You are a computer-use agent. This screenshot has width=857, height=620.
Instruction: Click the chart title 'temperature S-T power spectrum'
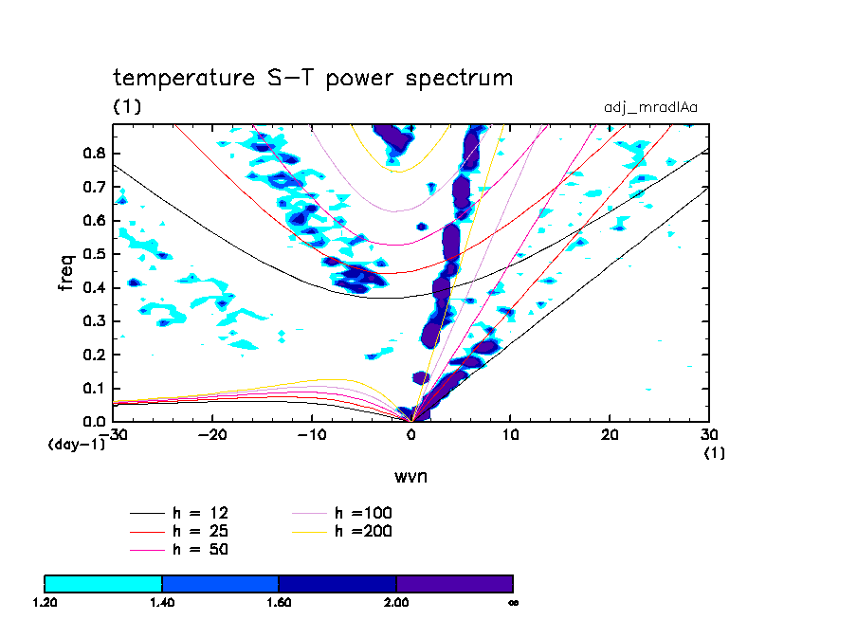click(313, 78)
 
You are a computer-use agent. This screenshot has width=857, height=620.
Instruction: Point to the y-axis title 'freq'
click(66, 271)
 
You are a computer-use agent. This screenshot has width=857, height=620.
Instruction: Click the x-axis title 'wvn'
click(410, 476)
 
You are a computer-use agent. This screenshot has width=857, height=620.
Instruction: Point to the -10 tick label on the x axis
click(310, 434)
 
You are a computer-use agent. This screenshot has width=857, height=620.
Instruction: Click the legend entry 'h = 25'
click(199, 531)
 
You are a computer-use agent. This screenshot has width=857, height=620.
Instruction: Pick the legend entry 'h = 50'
click(199, 549)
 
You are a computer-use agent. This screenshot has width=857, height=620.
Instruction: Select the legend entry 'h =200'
click(364, 531)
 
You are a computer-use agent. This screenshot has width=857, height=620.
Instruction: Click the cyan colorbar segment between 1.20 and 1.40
click(103, 583)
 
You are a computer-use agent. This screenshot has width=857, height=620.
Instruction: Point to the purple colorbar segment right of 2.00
click(454, 583)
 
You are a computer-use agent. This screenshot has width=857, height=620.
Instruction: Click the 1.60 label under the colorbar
click(278, 602)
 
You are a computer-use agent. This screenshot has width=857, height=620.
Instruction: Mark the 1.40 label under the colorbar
click(161, 602)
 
